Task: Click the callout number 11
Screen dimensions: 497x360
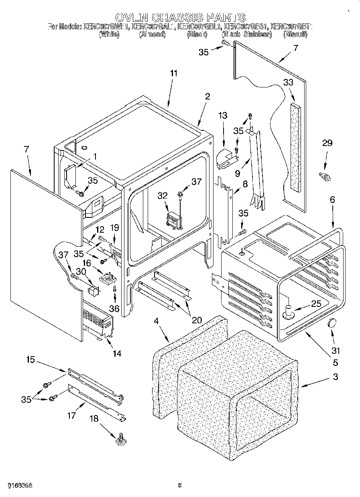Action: click(x=173, y=73)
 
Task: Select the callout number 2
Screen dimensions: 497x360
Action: click(x=207, y=96)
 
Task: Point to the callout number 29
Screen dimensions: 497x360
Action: click(x=327, y=143)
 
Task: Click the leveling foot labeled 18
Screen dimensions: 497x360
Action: click(x=120, y=440)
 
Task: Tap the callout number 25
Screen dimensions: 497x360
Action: click(x=316, y=304)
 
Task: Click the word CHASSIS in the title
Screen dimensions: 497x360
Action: click(x=180, y=17)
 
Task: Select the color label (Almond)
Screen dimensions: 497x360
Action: click(x=152, y=35)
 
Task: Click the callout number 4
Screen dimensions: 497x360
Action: click(x=157, y=321)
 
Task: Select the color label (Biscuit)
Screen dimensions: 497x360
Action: click(x=295, y=35)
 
